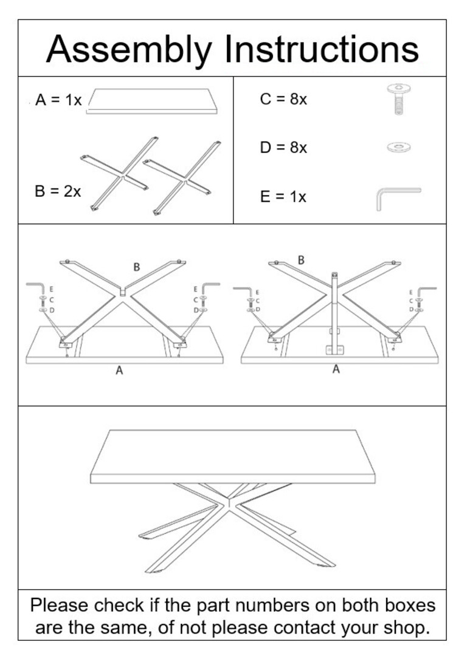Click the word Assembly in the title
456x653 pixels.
pos(129,50)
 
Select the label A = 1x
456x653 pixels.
pos(58,100)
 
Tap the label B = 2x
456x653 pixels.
pos(58,191)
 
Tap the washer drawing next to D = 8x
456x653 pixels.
pos(398,146)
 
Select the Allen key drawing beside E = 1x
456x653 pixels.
pos(396,197)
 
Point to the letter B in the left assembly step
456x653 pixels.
pos(137,267)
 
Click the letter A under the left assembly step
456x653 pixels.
pos(119,371)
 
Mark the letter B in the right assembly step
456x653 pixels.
pos(301,260)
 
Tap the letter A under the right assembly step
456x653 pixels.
pos(336,369)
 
